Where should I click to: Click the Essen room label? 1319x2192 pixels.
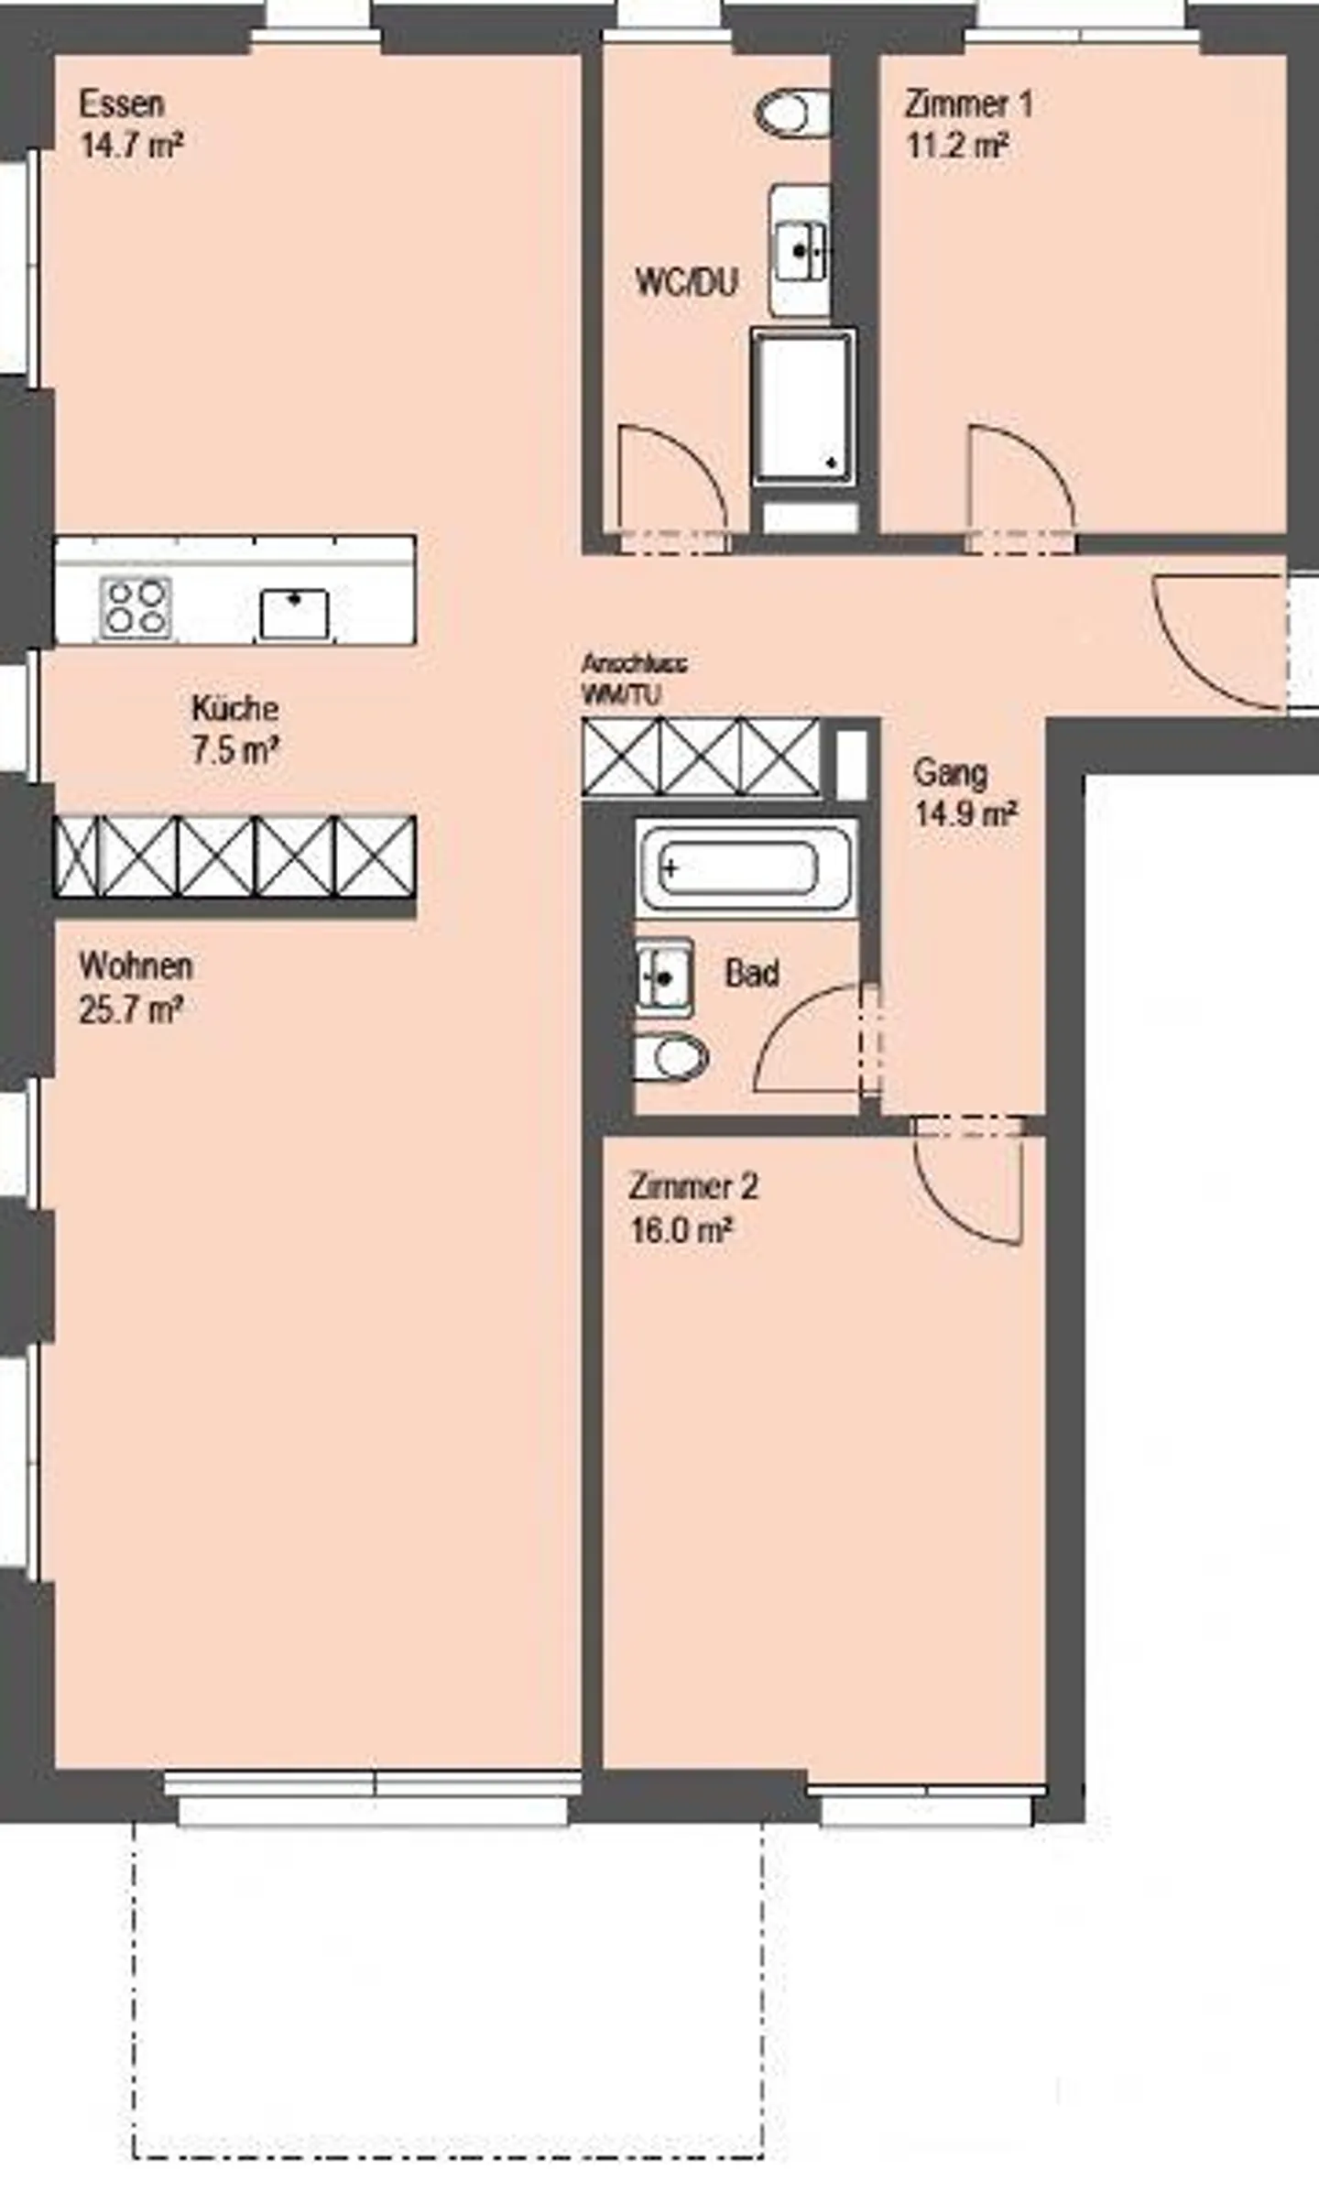click(122, 104)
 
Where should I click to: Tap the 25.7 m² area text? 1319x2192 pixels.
click(131, 1009)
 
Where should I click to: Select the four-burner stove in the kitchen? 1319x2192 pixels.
click(136, 607)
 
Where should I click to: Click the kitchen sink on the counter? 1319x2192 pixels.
click(294, 614)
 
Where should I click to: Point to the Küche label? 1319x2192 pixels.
click(234, 708)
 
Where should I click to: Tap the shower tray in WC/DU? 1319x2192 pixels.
click(802, 407)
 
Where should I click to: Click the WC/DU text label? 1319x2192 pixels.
click(686, 281)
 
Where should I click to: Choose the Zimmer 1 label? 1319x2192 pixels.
click(968, 104)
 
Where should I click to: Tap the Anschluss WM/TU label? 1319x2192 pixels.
click(634, 679)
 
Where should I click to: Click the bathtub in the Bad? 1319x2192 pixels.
click(745, 867)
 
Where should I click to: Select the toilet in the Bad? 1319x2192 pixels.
click(671, 1059)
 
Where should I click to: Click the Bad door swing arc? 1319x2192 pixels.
click(806, 1040)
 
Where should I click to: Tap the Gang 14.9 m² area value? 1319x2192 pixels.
click(965, 814)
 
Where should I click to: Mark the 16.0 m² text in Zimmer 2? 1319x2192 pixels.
click(681, 1230)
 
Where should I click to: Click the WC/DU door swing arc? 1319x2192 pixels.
click(671, 485)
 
